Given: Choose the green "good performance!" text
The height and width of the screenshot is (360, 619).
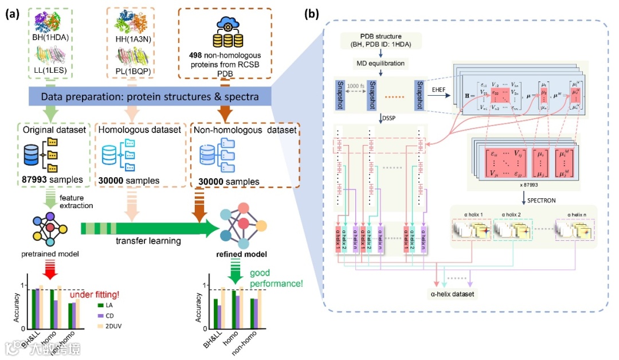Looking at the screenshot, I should pos(272,277).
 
